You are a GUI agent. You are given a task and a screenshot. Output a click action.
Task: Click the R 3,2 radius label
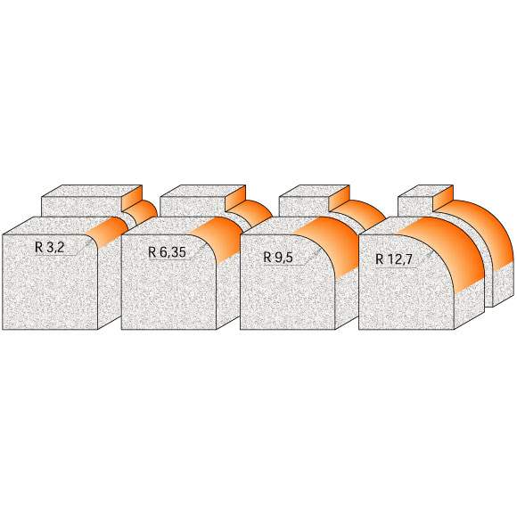point(49,248)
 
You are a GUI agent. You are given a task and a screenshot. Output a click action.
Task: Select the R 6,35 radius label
point(167,252)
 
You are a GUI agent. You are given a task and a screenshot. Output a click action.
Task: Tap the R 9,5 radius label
point(279,257)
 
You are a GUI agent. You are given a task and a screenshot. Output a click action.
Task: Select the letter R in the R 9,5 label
point(267,257)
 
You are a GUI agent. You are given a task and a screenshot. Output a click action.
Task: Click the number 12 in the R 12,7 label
point(396,259)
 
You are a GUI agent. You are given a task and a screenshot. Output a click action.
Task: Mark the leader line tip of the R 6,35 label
point(200,246)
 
